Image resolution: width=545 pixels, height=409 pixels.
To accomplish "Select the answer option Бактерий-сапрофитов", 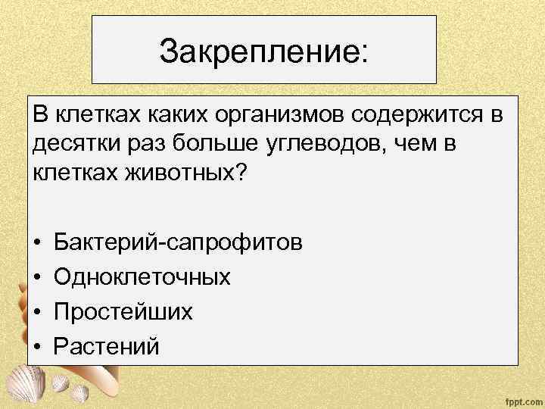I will coord(179,242).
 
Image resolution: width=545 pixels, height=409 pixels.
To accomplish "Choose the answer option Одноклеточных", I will coord(142,277).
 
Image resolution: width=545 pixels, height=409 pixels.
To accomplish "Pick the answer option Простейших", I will coord(123,312).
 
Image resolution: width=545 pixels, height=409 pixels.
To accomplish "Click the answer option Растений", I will coord(107,347).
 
